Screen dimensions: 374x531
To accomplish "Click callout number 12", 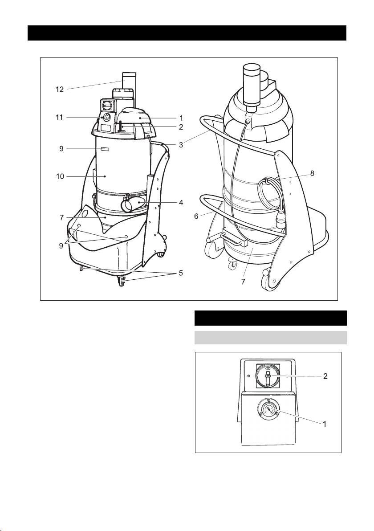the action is coord(60,90).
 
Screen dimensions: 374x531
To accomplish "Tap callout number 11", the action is coord(60,118).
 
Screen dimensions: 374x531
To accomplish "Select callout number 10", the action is coord(60,176).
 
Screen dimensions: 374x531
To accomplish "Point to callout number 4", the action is coord(181,203).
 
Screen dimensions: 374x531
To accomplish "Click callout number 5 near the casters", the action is coord(181,273).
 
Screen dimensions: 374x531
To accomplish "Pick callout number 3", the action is coord(181,145).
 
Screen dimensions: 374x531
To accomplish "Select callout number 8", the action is coord(312,173).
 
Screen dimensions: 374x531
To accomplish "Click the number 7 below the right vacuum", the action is coord(244,282).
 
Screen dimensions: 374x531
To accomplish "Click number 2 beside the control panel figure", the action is coord(325,376).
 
